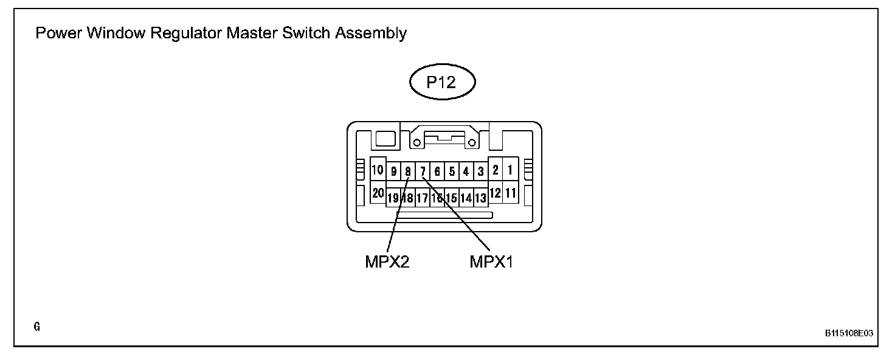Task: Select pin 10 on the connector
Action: click(378, 170)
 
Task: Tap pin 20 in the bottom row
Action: click(378, 193)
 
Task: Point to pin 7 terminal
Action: click(423, 171)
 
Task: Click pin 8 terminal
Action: click(408, 171)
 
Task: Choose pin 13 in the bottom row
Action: click(480, 198)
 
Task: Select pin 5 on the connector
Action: click(452, 171)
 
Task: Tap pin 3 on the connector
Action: click(480, 171)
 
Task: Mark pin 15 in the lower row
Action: click(451, 198)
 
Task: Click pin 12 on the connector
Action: click(496, 193)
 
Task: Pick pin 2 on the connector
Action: click(496, 170)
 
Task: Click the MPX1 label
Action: click(491, 263)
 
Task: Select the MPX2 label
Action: click(387, 263)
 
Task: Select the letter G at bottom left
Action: click(37, 327)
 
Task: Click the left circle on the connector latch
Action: click(417, 143)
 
